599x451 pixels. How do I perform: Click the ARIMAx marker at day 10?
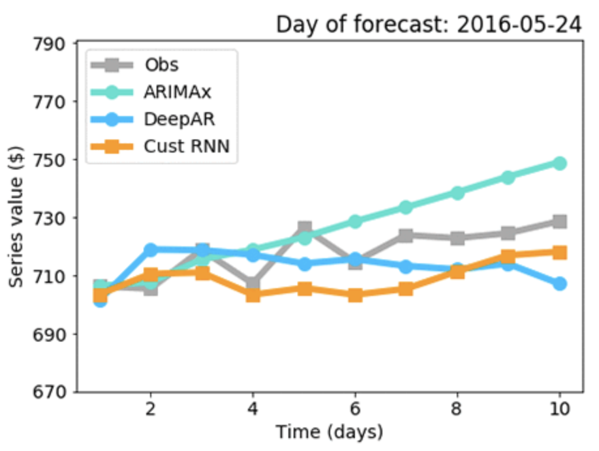pos(559,163)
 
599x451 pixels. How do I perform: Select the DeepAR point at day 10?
pos(559,284)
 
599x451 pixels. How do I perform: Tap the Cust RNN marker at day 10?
pos(559,253)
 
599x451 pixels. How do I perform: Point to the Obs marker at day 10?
pos(559,222)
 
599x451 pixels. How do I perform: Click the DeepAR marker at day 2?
pos(151,250)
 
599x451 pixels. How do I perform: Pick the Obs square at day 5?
pos(304,228)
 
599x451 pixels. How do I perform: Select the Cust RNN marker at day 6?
pos(356,295)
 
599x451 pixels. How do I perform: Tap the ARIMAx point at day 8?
pos(457,193)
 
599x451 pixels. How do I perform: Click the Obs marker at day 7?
pos(406,235)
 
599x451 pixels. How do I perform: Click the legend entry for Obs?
pos(161,65)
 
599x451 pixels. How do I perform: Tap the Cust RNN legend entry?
pos(186,147)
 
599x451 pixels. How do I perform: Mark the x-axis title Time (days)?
pos(329,432)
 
